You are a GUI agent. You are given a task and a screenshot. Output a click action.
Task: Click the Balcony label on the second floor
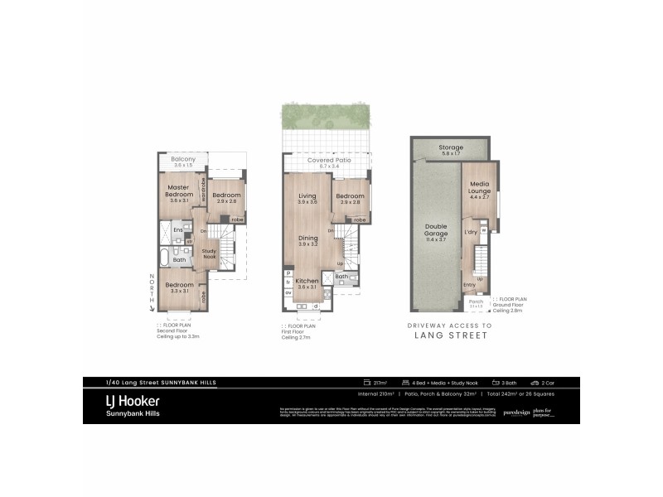click(183, 159)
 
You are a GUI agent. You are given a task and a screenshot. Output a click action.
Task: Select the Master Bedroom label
click(180, 191)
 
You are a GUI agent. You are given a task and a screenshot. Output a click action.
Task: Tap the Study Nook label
click(210, 253)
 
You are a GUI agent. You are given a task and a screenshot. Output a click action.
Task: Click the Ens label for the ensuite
click(177, 230)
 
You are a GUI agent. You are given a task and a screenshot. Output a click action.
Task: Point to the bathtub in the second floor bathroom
click(164, 259)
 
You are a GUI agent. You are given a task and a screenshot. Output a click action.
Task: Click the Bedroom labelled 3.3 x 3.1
click(179, 287)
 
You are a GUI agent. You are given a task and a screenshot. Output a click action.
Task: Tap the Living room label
click(307, 196)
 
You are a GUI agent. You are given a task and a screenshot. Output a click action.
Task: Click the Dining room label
click(307, 239)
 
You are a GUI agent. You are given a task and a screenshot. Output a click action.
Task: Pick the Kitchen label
click(307, 282)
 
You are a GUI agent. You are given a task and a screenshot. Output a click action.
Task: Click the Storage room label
click(452, 147)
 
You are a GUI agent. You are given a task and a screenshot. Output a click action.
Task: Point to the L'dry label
click(471, 233)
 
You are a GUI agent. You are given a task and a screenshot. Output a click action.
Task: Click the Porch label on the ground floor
click(476, 302)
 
